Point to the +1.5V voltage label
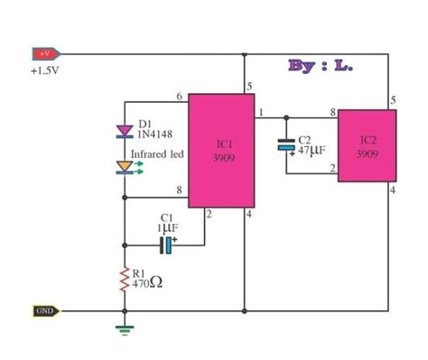tap(45, 69)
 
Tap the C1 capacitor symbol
tap(165, 245)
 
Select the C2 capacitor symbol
tap(285, 144)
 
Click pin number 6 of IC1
tap(179, 97)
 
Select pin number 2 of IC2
tap(332, 168)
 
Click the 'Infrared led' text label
tap(159, 154)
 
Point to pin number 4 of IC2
tap(393, 189)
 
